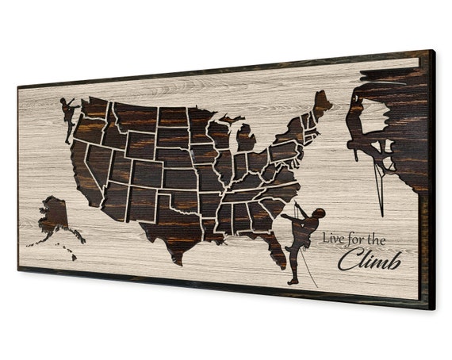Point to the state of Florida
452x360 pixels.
(x=273, y=244)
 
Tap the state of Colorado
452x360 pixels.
(x=148, y=170)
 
